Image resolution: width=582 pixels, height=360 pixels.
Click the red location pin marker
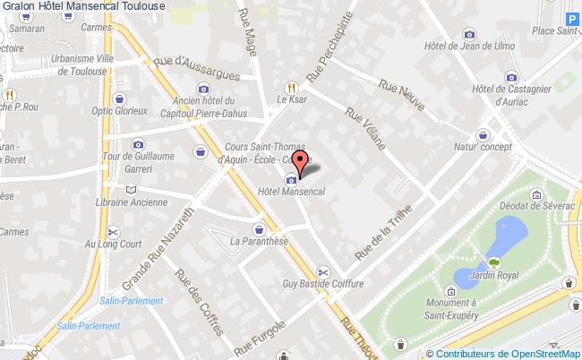[302, 161]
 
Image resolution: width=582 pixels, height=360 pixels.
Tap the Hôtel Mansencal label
[290, 192]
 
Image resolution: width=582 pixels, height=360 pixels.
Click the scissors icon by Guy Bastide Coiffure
[323, 272]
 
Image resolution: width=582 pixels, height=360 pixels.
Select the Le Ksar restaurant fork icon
[289, 88]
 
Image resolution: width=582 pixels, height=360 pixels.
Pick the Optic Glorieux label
[120, 112]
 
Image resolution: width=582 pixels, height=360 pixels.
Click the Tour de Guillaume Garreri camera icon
[138, 144]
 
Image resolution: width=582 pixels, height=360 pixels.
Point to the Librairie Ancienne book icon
[133, 189]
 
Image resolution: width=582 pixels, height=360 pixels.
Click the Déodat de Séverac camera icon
[536, 192]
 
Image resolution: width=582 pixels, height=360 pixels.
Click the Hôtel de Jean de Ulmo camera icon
[469, 35]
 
